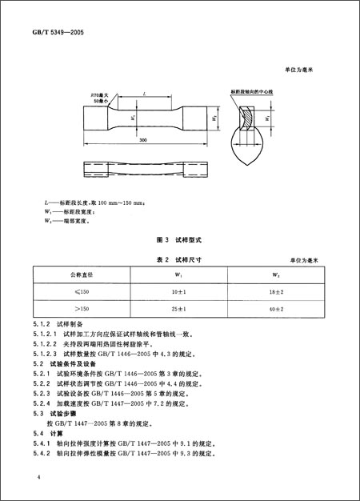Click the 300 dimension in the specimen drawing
[x=142, y=139]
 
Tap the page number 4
[x=38, y=477]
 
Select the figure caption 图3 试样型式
[x=181, y=239]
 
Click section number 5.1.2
[x=42, y=323]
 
